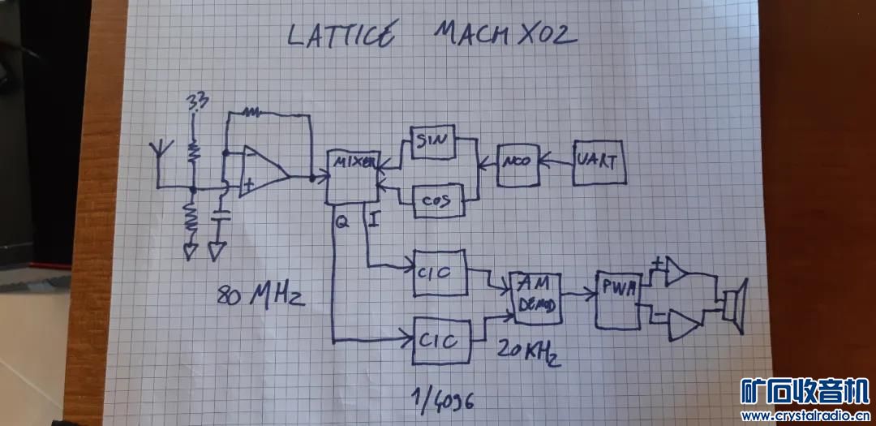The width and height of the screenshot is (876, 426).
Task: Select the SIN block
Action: (x=433, y=144)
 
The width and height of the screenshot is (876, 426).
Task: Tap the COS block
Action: (x=437, y=200)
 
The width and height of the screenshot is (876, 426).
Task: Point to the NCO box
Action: (x=516, y=162)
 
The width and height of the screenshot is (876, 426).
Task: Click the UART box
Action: (x=599, y=162)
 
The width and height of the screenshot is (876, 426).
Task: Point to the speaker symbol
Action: (x=734, y=306)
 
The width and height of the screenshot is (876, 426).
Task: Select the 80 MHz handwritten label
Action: (x=260, y=295)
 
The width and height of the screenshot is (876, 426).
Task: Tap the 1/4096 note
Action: (x=443, y=399)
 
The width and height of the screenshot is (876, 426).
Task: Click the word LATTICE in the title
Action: (x=341, y=36)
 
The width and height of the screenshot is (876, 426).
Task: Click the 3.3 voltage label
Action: (x=196, y=103)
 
